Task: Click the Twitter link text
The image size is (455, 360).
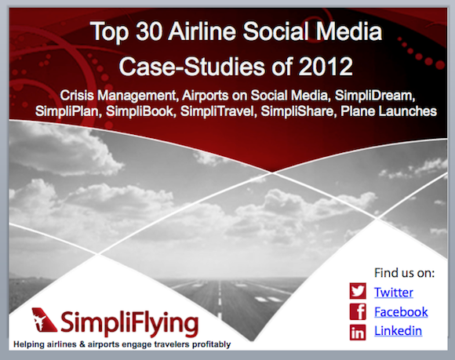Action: coord(394,292)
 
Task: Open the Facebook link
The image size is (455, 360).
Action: coord(401,312)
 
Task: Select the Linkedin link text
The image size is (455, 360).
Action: coord(399,331)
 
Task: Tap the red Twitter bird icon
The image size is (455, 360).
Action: coord(358,291)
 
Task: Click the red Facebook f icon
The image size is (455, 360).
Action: coord(358,311)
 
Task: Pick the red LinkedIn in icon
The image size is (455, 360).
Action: coord(358,332)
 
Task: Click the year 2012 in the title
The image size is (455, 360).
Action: coord(326,67)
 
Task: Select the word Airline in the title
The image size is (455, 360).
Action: coord(202,31)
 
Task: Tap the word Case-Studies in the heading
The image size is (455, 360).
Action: coord(192,67)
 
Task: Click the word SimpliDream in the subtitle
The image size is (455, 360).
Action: coord(375,96)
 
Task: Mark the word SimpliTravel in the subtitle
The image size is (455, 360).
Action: coord(219,111)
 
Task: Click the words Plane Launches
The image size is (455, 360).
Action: coord(389,111)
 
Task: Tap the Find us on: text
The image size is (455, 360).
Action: coord(405,273)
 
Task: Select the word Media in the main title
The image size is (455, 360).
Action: coord(349,31)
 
